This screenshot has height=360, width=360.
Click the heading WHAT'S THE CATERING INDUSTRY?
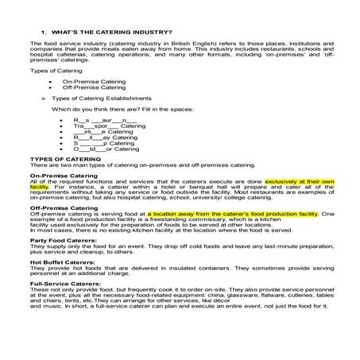point(110,31)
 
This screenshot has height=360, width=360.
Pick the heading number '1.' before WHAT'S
point(43,31)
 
